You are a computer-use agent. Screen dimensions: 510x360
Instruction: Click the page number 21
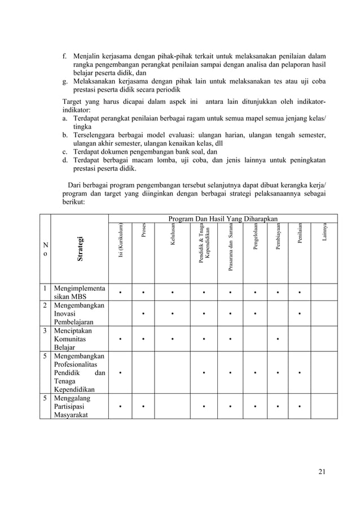(322, 472)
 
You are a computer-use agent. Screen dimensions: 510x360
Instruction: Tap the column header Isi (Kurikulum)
(120, 241)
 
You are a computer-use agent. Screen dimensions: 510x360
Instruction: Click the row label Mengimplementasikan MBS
(78, 293)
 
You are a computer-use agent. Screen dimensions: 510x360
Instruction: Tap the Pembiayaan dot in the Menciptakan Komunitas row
(278, 339)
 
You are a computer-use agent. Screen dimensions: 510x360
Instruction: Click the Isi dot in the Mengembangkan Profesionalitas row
(120, 373)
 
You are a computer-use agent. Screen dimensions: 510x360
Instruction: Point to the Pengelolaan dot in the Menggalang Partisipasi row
(254, 406)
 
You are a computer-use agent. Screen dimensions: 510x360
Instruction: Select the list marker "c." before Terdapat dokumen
(65, 152)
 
